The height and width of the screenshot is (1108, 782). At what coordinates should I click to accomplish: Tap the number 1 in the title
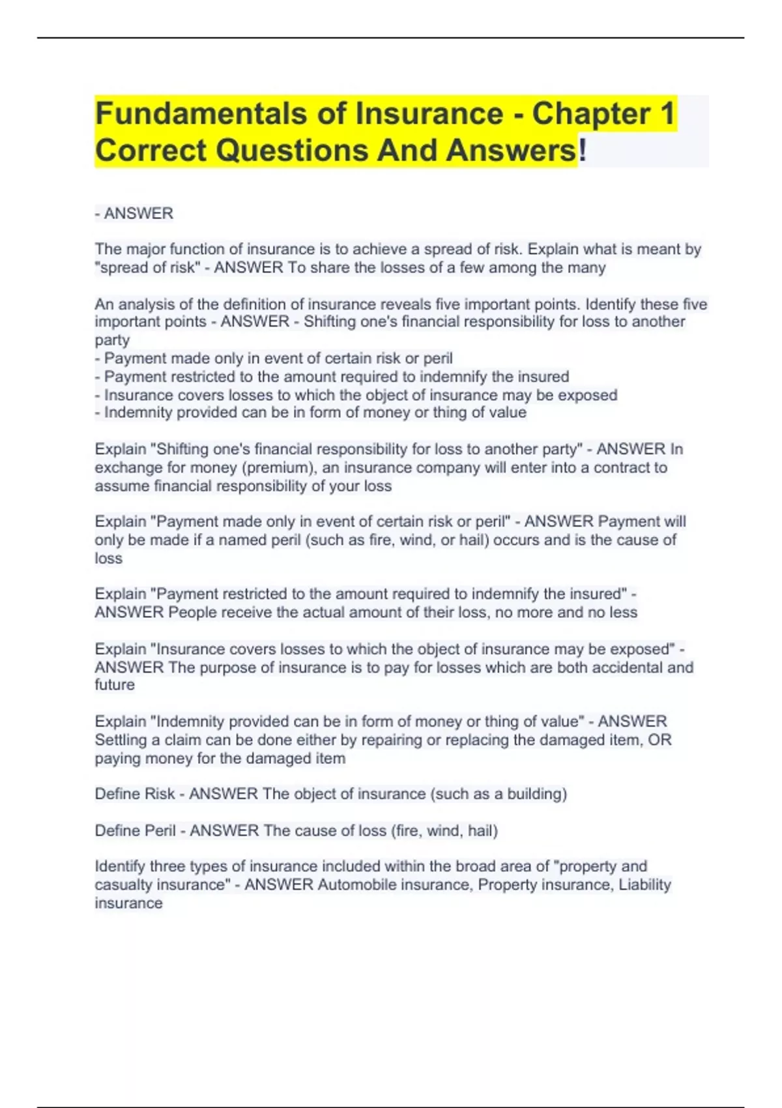[x=667, y=113]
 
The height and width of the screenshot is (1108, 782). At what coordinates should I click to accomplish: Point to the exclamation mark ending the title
[x=583, y=151]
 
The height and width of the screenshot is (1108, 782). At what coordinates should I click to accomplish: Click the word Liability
[x=644, y=884]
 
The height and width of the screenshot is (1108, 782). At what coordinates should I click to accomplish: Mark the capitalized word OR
[x=659, y=740]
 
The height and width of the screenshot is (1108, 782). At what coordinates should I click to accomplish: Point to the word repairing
[x=392, y=740]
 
